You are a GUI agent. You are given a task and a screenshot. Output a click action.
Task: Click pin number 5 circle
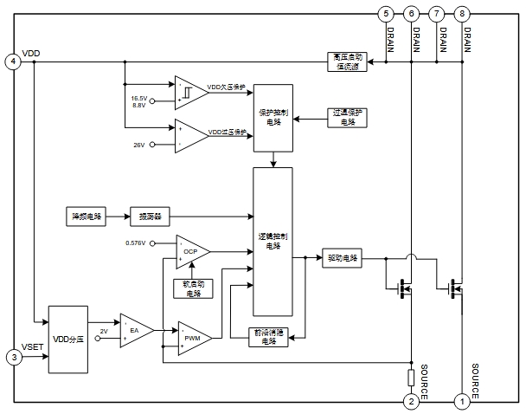[386, 14]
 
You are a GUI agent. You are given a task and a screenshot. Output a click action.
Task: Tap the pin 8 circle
[463, 14]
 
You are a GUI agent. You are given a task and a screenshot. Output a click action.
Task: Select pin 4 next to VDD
[13, 61]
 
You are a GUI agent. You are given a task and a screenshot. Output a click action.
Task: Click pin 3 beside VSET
[13, 356]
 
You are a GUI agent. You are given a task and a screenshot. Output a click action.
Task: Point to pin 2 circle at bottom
[412, 401]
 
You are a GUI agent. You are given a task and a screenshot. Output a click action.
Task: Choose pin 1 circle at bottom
[462, 401]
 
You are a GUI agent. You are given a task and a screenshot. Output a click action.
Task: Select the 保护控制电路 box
[273, 118]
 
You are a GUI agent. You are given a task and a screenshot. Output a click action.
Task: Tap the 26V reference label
[138, 145]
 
